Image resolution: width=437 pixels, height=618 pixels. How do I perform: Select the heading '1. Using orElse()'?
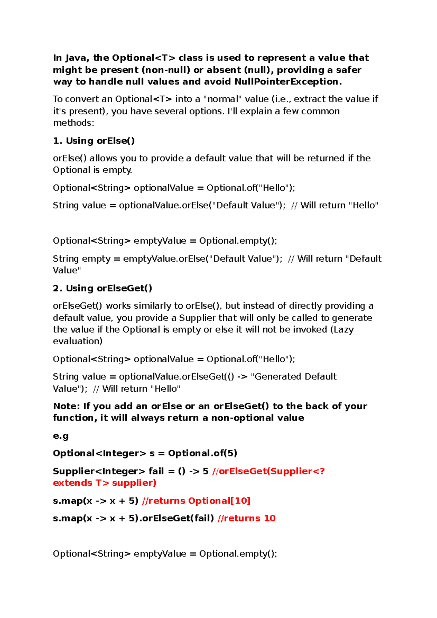[x=94, y=141]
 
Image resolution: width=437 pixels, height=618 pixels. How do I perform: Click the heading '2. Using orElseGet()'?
[x=102, y=288]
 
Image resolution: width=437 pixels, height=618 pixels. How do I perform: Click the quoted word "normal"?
[x=223, y=99]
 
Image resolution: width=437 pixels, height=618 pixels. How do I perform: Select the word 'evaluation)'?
[x=78, y=341]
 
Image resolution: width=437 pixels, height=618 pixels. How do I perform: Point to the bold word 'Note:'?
[x=67, y=406]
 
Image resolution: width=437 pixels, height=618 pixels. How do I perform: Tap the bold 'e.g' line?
[x=61, y=436]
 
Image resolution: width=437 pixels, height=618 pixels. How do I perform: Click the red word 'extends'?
[x=72, y=483]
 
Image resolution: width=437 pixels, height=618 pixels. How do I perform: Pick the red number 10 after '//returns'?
[x=269, y=518]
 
